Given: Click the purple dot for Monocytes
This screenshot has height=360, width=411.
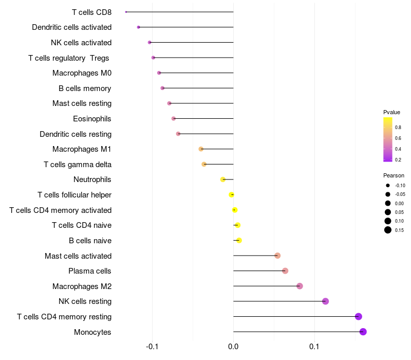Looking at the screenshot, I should pos(363,332).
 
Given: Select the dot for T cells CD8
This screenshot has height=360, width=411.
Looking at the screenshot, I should pos(126,12).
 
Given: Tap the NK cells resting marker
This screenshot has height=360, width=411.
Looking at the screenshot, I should pos(325,301).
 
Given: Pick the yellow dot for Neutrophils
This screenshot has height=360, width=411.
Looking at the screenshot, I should pos(223,179).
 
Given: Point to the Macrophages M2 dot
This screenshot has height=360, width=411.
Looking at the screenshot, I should pos(300,286).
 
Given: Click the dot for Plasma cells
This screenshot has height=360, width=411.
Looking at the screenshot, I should pos(285,271).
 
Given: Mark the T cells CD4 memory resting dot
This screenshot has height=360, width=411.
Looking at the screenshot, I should pos(359,317).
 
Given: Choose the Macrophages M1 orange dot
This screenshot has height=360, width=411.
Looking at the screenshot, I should pos(201,149).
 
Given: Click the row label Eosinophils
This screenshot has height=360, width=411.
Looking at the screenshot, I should pos(92,119).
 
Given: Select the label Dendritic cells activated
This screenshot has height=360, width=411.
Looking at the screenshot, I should pos(71,27).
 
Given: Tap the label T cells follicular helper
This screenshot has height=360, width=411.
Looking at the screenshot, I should pos(74,195).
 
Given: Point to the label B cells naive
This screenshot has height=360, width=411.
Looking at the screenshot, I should pos(90,241).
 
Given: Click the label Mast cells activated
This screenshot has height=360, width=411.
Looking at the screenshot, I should pos(78,256).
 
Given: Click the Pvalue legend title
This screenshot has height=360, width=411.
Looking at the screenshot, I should pos(391,112).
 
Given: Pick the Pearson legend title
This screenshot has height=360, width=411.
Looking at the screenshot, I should pos(394,175).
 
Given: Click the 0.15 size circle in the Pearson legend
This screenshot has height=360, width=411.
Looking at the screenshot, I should pos(388,230).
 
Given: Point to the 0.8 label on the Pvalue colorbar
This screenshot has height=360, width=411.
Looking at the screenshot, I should pos(398,127).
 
